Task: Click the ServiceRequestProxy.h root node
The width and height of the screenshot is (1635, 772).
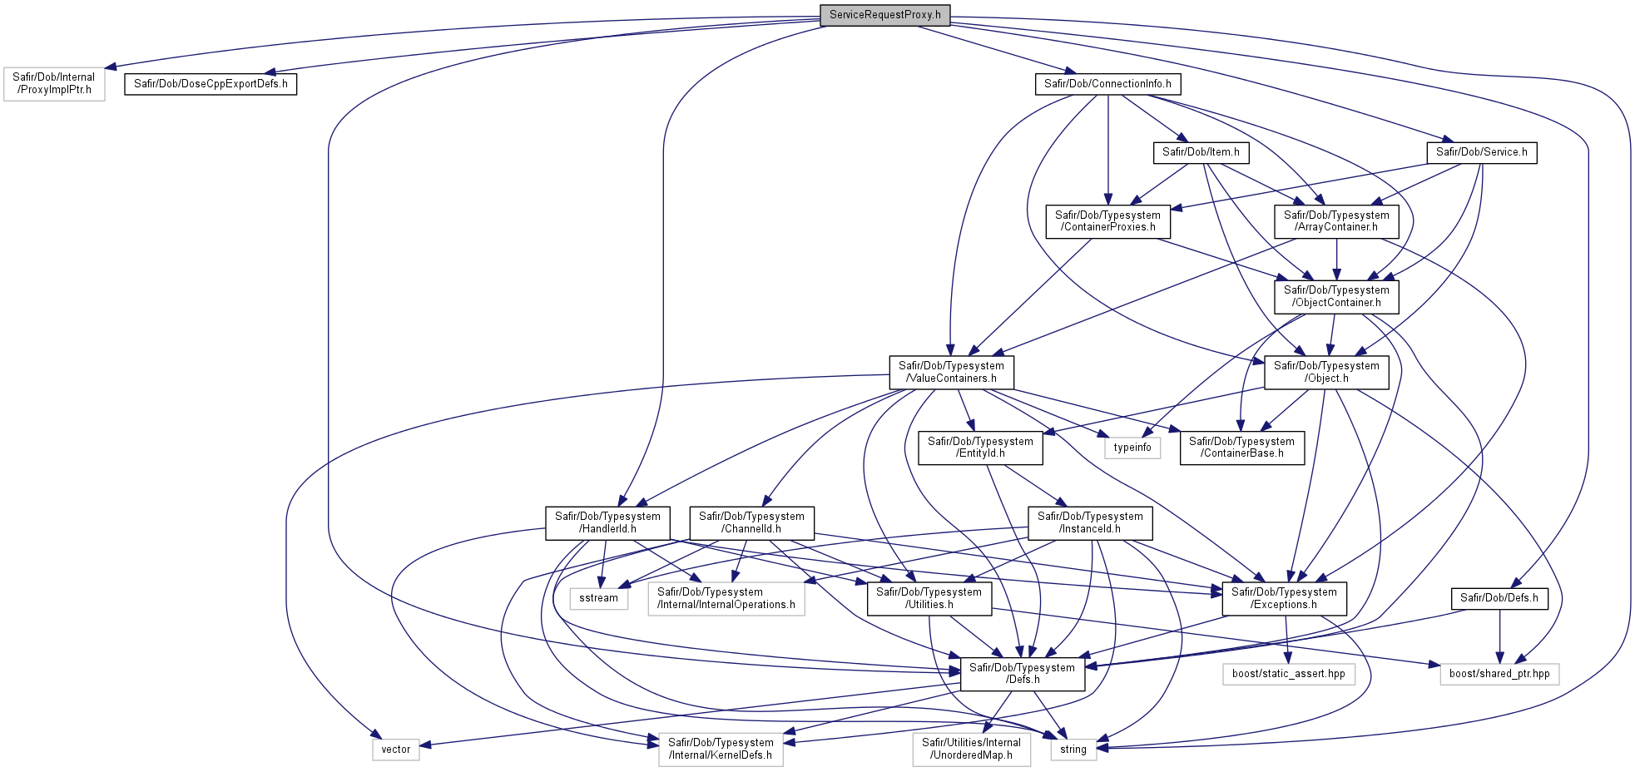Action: [884, 15]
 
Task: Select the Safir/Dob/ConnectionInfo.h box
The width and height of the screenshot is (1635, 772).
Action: [1107, 84]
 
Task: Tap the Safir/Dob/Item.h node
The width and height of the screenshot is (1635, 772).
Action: [1201, 152]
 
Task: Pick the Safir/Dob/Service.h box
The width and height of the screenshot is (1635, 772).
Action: [1481, 152]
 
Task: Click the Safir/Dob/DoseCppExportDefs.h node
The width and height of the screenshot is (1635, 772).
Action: [211, 84]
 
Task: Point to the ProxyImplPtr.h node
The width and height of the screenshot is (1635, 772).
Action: [54, 84]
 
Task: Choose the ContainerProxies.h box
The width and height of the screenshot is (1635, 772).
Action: [1107, 221]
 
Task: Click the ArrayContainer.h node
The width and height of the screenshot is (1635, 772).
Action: [1336, 221]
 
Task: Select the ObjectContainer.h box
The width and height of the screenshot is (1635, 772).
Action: [1336, 297]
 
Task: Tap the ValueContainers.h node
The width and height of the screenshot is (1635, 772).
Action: [951, 372]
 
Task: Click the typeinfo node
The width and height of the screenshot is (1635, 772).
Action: [1132, 448]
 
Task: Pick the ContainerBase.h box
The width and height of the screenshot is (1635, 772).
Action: [1241, 448]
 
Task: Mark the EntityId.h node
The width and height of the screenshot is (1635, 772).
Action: [980, 448]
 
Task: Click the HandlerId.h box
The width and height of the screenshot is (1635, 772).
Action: [607, 523]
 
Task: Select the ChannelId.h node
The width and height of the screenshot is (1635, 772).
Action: [751, 523]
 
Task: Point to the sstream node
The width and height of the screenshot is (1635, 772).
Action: [598, 598]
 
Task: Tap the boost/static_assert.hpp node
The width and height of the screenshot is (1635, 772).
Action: [1288, 674]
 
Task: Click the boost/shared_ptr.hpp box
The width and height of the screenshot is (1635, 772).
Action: [1499, 674]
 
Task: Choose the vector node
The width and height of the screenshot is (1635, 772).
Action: [395, 750]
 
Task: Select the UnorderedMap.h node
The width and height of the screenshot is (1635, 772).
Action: [971, 750]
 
